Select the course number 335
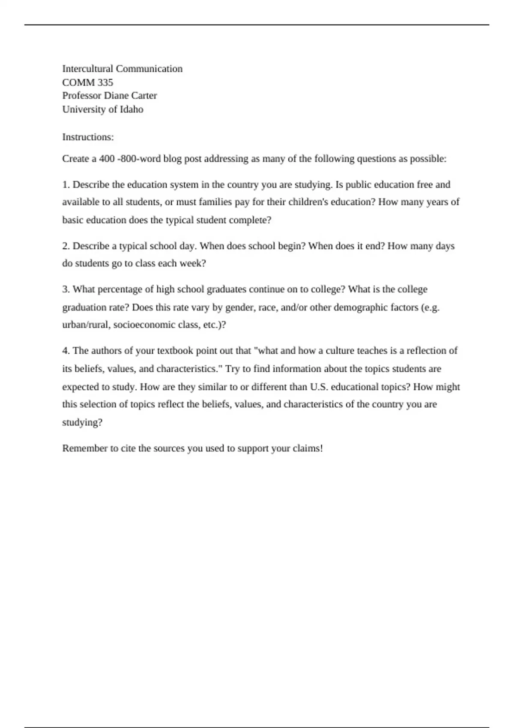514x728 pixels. tap(105, 82)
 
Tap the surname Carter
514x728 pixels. tap(144, 95)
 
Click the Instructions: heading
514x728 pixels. tap(88, 137)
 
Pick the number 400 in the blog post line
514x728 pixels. tap(107, 159)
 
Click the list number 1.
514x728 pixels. tap(66, 185)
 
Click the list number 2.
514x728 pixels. tap(66, 246)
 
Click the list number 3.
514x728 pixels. tap(66, 289)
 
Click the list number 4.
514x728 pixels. tap(66, 351)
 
